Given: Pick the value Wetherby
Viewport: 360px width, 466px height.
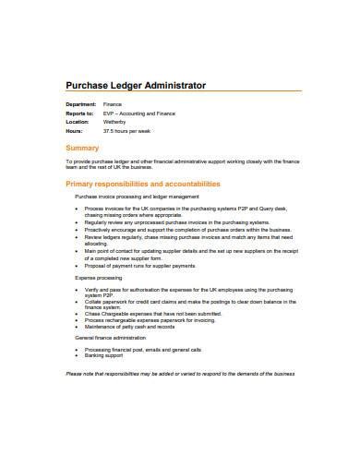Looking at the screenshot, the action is coord(116,122).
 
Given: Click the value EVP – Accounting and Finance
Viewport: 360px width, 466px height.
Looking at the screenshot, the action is coord(138,114).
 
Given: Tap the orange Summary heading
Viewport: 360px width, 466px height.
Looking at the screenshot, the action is coord(83,148).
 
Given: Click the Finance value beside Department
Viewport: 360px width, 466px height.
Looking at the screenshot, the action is coord(113,105).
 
